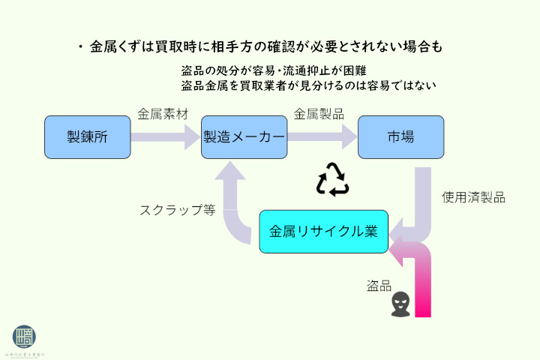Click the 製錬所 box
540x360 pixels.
click(88, 137)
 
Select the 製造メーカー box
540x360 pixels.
click(244, 137)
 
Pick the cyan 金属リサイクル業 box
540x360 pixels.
click(323, 231)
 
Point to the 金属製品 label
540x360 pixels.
click(319, 114)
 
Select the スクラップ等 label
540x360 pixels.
click(177, 210)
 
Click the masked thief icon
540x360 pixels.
click(400, 303)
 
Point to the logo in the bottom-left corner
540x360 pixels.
click(25, 337)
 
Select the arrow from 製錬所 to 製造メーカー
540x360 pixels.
click(166, 137)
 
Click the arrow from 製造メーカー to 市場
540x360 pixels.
click(322, 137)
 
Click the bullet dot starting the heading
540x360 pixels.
click(79, 46)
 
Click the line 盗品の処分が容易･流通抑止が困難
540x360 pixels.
click(274, 71)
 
